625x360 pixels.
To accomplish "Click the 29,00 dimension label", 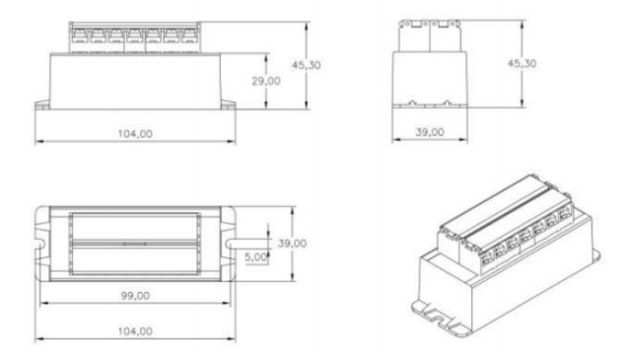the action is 266,81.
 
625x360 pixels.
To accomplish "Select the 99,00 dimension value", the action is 135,296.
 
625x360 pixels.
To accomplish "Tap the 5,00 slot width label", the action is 255,257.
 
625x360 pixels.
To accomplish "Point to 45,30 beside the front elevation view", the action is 307,65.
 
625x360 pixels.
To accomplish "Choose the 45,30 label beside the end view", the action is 521,63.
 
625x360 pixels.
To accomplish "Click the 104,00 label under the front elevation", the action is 135,133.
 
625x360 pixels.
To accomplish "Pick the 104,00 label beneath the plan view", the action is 135,331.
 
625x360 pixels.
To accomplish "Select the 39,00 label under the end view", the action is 430,132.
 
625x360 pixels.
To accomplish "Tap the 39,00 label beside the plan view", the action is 292,244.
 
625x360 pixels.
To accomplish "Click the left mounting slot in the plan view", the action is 40,244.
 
